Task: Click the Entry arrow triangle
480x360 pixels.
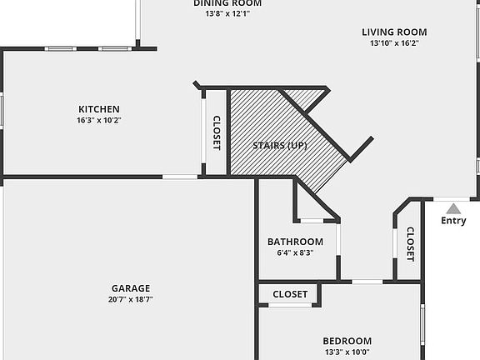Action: [452, 208]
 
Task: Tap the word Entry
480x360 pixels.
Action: [453, 221]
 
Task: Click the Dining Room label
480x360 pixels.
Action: [222, 3]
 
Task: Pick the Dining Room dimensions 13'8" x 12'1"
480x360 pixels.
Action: [222, 13]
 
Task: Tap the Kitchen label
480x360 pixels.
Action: [99, 109]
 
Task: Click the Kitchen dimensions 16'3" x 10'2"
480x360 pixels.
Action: [99, 120]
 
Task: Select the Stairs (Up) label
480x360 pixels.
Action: [280, 146]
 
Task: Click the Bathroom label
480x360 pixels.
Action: [295, 242]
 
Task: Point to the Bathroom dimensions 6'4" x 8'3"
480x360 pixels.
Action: [295, 253]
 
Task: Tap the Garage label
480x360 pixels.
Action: [131, 287]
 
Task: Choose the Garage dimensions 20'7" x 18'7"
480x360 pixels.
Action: [131, 299]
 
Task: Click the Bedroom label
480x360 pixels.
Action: [347, 341]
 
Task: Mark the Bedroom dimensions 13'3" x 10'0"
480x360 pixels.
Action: [347, 352]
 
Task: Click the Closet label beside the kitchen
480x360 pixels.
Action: [216, 132]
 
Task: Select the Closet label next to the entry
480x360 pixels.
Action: [410, 244]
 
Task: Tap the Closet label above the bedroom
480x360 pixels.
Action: [290, 294]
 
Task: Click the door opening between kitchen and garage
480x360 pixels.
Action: [179, 177]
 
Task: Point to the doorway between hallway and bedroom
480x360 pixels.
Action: [367, 282]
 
